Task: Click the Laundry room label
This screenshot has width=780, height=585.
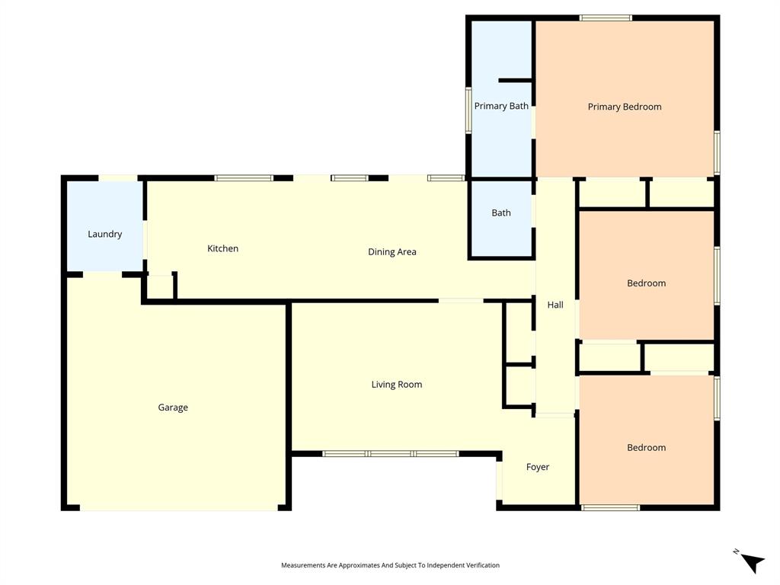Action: click(x=104, y=234)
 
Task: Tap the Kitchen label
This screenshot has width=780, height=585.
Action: click(x=223, y=248)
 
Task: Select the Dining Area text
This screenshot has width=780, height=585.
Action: click(x=392, y=252)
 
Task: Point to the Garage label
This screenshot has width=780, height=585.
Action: click(x=173, y=408)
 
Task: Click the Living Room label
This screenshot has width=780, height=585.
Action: click(x=396, y=385)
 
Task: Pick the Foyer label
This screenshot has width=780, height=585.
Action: click(x=537, y=467)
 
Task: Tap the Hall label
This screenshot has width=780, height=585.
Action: click(x=555, y=305)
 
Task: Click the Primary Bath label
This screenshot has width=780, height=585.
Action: click(x=501, y=106)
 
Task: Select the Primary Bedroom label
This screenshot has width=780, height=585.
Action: click(x=624, y=107)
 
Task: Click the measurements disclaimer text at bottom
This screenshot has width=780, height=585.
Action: click(x=390, y=565)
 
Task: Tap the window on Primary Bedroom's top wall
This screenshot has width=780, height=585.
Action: click(x=606, y=18)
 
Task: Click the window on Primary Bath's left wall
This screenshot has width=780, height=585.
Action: click(x=468, y=110)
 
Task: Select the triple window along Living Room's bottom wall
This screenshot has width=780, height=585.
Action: click(x=390, y=454)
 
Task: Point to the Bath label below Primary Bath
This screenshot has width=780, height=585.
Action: click(x=501, y=213)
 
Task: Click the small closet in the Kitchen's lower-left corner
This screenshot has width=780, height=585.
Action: click(x=160, y=286)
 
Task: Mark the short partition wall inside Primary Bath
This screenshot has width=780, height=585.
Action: click(x=515, y=80)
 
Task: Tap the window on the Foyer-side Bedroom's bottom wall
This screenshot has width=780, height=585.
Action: click(x=610, y=507)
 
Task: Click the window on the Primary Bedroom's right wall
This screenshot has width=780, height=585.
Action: click(x=717, y=152)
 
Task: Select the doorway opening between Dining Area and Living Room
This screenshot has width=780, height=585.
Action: click(x=460, y=301)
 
